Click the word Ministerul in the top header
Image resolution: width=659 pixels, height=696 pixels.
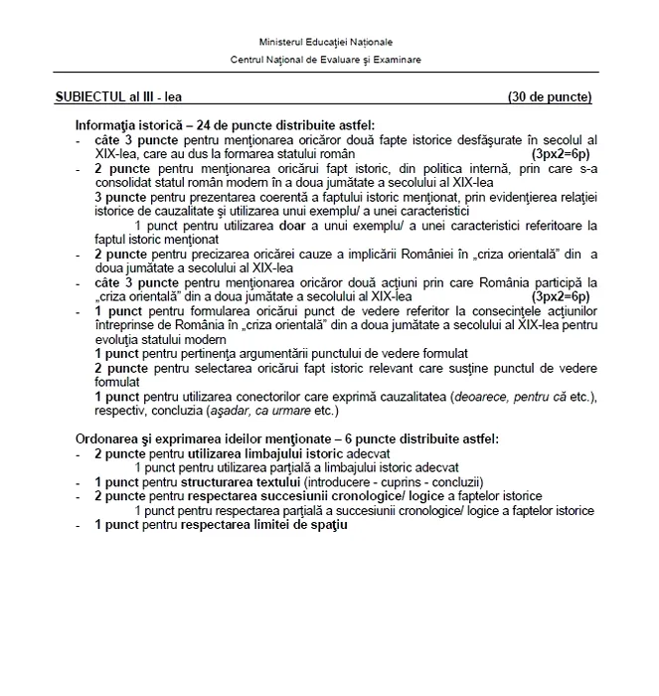click(281, 43)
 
